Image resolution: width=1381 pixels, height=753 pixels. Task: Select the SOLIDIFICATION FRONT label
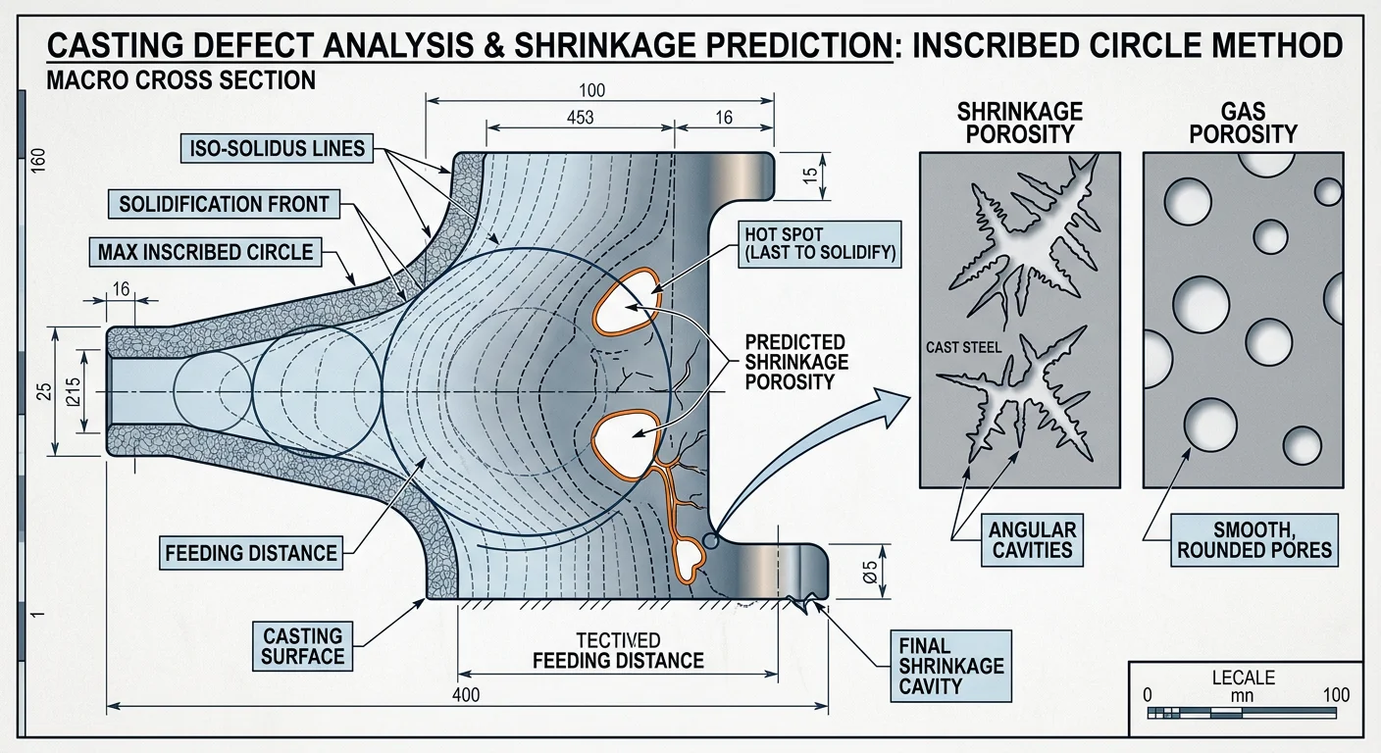(x=224, y=205)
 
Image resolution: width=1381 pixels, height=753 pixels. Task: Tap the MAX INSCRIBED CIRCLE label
(x=205, y=253)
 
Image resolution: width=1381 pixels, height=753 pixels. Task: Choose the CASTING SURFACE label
(x=302, y=646)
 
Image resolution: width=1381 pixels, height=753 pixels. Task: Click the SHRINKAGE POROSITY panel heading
(x=1019, y=122)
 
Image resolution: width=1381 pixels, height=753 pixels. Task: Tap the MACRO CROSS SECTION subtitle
(x=180, y=80)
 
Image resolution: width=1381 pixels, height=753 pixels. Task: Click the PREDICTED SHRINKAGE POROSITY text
(x=794, y=361)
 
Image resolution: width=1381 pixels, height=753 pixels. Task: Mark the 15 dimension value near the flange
(x=809, y=176)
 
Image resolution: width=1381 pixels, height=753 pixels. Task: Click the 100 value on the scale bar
(x=1336, y=695)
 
